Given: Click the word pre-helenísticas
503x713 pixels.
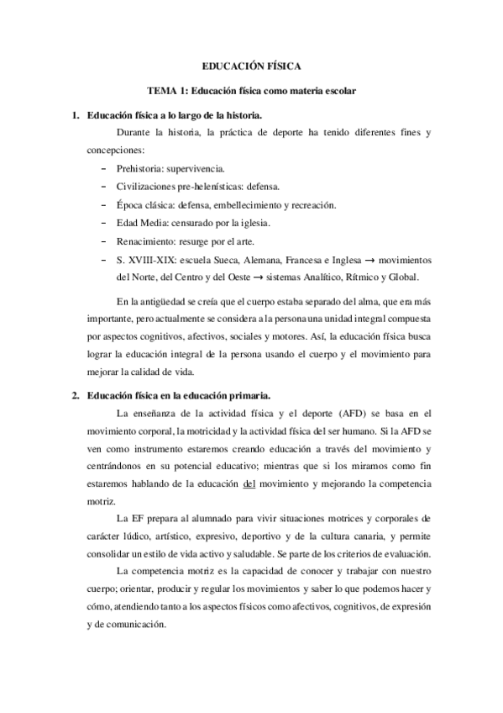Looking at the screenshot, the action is tap(211, 187).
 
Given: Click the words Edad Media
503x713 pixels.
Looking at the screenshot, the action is tap(141, 224).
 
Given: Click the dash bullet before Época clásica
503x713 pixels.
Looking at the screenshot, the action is tap(103, 205).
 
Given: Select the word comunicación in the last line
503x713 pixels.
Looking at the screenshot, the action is tap(135, 625).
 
